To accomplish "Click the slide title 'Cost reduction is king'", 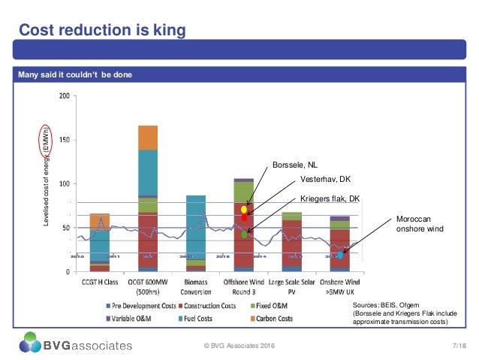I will point(101,30).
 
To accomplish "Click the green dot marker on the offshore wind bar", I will point(245,234).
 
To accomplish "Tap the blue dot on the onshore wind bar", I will point(340,255).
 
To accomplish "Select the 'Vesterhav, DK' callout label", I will point(324,180).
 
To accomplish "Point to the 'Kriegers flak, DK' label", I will point(330,198).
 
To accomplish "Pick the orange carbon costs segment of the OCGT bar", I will point(147,138).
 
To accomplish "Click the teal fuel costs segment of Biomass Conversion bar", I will point(196,225).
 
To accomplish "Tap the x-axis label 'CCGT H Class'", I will point(99,283).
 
